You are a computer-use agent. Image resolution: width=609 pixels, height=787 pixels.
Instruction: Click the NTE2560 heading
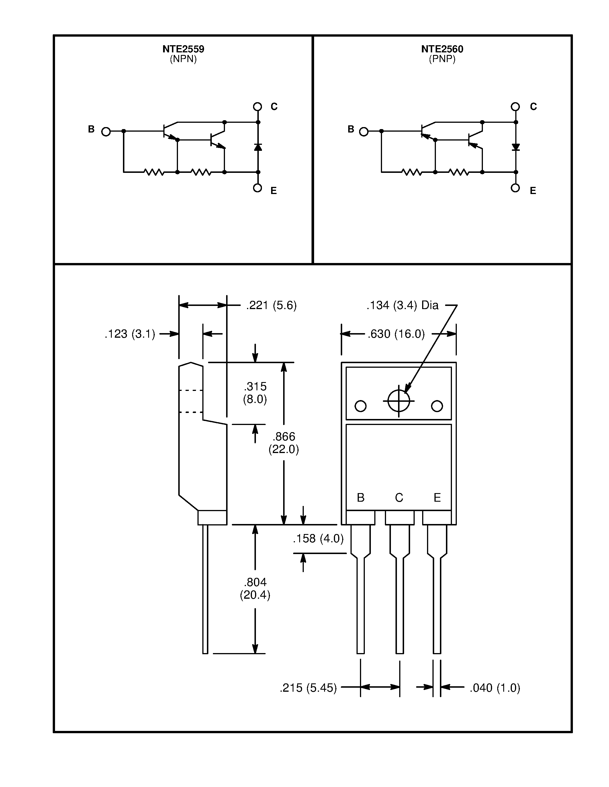(x=442, y=49)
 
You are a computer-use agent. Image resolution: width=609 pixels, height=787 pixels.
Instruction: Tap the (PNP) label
(x=442, y=59)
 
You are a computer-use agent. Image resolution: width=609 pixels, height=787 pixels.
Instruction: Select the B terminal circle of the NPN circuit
(x=106, y=132)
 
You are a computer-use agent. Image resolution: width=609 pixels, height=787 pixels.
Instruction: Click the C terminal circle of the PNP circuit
(x=515, y=107)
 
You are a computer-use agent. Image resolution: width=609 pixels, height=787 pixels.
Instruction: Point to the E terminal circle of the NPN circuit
(x=257, y=188)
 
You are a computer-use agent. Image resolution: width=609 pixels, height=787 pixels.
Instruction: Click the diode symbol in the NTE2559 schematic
(x=258, y=147)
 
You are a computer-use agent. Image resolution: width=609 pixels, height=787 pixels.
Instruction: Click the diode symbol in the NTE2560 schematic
(x=516, y=147)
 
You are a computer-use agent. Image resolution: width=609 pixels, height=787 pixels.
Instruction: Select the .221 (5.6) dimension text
(x=271, y=306)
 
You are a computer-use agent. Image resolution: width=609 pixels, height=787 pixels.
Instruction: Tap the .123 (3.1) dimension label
(x=130, y=334)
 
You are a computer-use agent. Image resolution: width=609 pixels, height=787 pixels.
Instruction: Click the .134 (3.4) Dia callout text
(x=402, y=306)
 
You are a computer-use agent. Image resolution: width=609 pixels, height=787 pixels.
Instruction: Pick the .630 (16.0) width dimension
(x=396, y=334)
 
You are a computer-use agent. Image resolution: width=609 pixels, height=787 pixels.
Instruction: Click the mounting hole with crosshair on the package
(x=399, y=401)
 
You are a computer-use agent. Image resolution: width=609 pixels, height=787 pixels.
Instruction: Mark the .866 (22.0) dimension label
(x=283, y=443)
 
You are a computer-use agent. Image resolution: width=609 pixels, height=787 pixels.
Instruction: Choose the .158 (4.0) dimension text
(x=318, y=539)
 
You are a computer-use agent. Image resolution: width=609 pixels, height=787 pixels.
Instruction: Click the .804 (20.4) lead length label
(x=255, y=588)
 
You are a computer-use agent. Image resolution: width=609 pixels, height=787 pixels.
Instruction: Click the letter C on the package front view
(x=399, y=498)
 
